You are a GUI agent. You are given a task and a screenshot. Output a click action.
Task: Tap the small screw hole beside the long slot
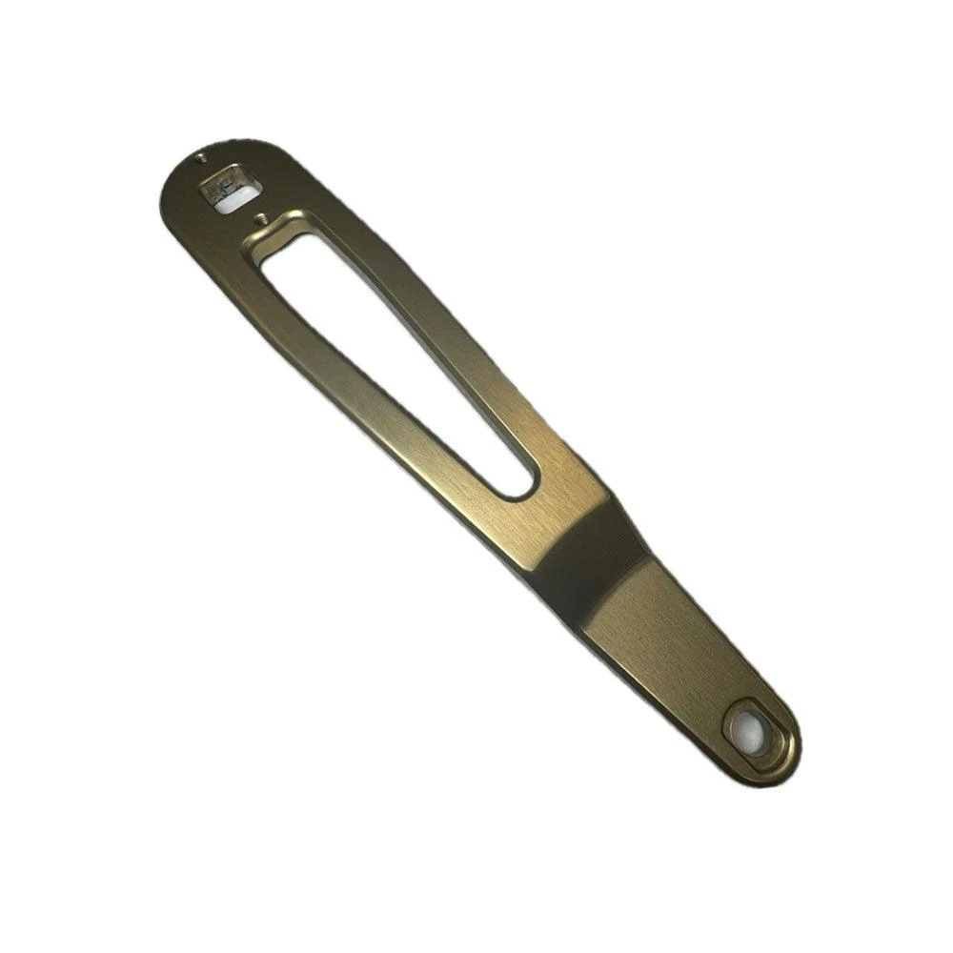(258, 218)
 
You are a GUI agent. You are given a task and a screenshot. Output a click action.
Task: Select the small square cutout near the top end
(230, 189)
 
